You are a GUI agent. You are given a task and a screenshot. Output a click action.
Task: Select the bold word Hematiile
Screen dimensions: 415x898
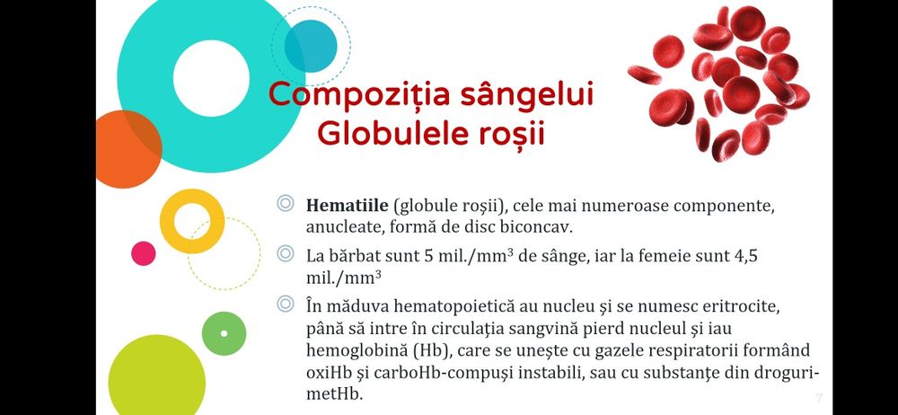(x=347, y=205)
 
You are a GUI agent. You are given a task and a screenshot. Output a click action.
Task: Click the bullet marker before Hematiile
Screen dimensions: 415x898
(x=286, y=204)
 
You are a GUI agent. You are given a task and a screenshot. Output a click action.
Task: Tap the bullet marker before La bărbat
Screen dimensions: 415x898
(x=286, y=255)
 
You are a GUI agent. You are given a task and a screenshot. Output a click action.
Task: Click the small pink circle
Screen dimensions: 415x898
(x=144, y=253)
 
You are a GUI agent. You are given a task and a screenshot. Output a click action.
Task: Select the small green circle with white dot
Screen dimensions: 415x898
(x=224, y=333)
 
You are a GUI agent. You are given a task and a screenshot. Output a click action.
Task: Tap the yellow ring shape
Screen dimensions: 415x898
(x=191, y=221)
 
